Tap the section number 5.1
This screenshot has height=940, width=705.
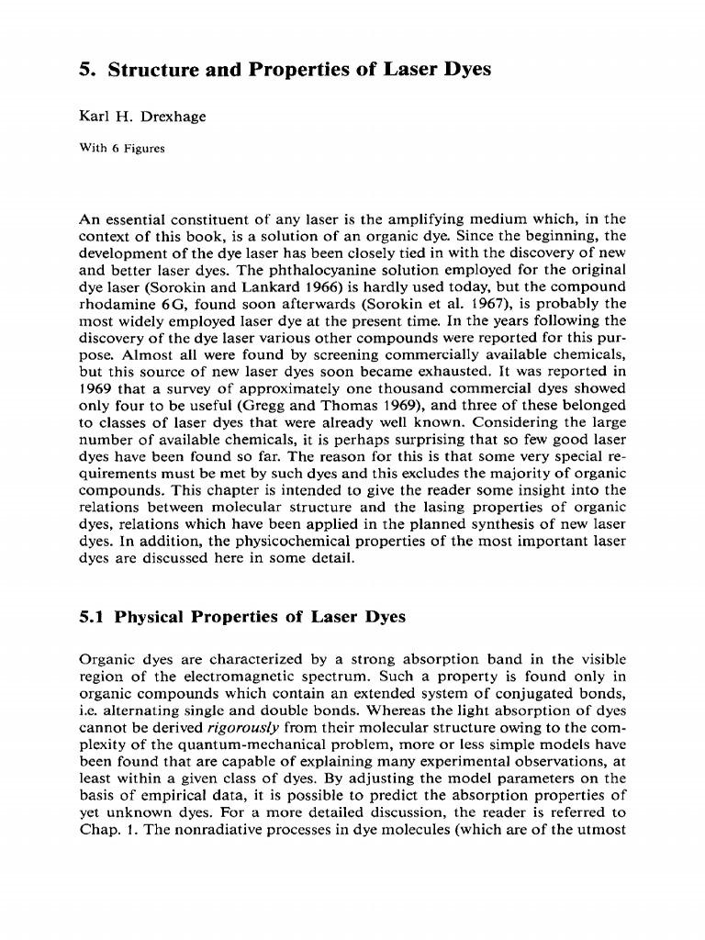(x=92, y=618)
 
